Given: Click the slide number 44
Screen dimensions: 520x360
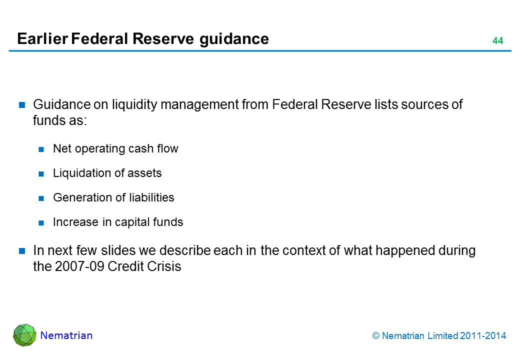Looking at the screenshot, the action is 497,41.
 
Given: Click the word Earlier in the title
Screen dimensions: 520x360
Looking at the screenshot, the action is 42,39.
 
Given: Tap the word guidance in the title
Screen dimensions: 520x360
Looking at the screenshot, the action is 234,39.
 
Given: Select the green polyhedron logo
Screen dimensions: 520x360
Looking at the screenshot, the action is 24,335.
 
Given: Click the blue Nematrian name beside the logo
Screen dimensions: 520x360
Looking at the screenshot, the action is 66,335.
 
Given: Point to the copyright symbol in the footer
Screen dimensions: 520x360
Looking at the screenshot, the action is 375,336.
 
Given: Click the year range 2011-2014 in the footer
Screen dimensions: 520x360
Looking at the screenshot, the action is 483,336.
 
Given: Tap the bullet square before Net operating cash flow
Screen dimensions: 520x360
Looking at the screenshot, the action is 41,149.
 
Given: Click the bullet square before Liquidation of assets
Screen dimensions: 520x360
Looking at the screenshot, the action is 41,174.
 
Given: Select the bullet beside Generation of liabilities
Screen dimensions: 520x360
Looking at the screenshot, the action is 41,198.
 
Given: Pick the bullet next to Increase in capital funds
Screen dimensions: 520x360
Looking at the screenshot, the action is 41,223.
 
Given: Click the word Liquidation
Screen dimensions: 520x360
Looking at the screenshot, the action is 81,173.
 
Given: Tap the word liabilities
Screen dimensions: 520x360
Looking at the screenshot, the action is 151,197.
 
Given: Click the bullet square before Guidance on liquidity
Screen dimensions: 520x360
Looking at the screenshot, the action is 22,105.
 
